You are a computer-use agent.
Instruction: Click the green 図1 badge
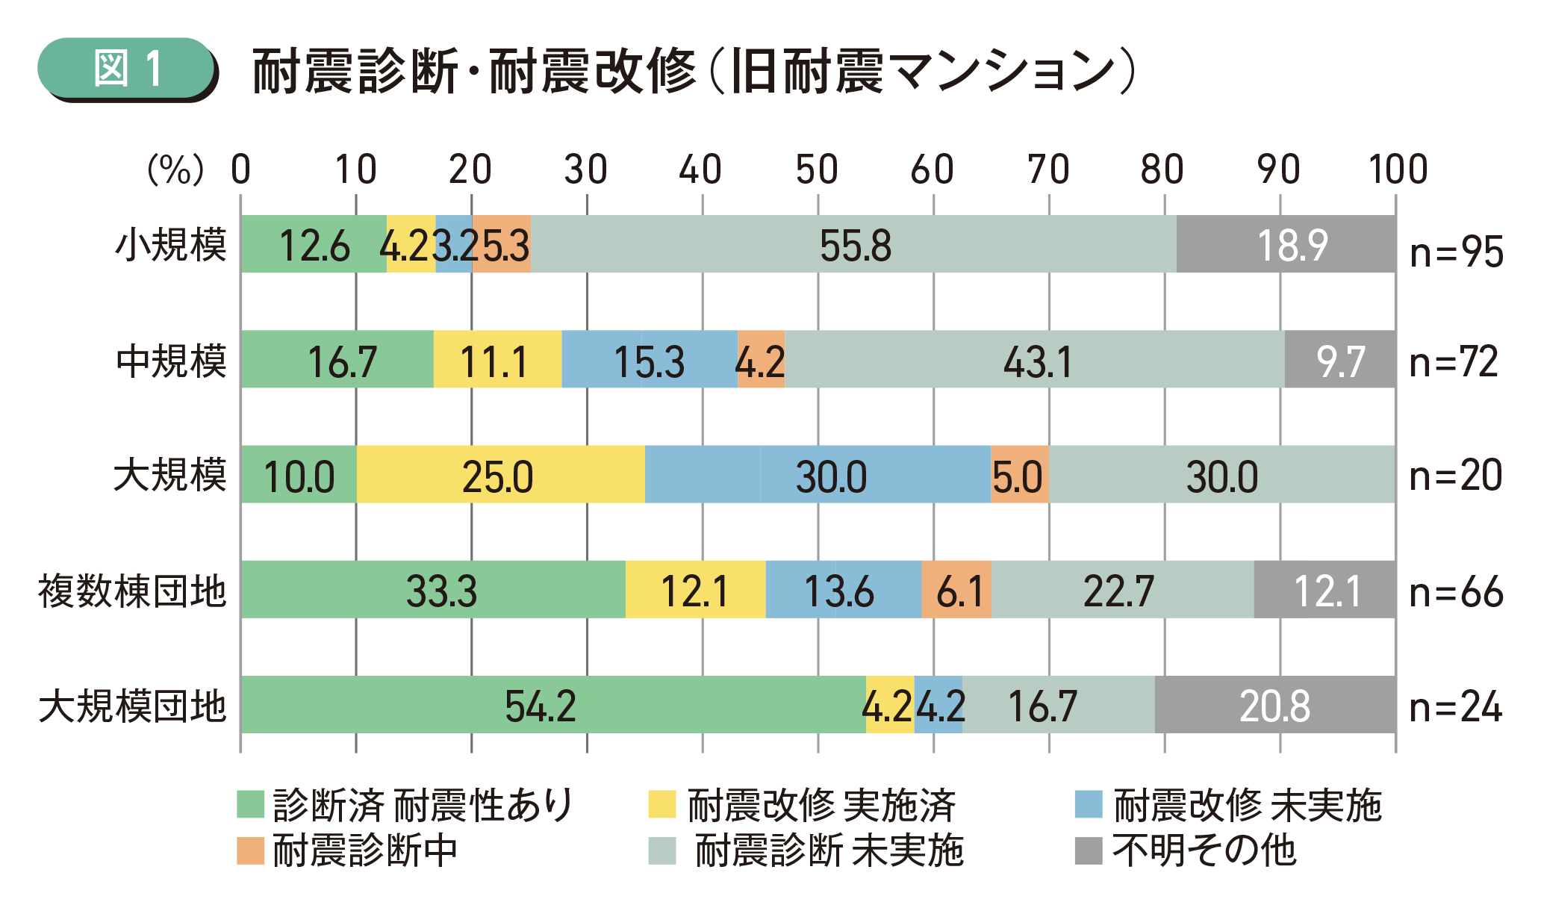point(127,69)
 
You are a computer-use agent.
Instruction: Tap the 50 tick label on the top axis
point(817,170)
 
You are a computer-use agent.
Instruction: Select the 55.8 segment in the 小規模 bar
point(854,245)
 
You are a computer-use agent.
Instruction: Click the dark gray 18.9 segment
point(1286,245)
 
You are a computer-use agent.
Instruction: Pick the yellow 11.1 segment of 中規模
point(497,360)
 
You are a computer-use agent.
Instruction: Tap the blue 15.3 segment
point(650,360)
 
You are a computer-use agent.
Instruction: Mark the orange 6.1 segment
point(956,590)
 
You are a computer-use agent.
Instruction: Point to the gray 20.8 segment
point(1275,705)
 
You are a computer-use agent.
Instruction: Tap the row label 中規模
point(171,361)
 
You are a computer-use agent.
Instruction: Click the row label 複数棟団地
point(132,591)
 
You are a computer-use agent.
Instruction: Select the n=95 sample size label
point(1456,252)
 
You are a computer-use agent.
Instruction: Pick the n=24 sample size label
point(1455,706)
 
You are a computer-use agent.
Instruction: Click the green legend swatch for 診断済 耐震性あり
point(250,804)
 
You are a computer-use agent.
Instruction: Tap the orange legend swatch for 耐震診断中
point(250,850)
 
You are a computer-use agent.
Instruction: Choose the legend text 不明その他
point(1204,850)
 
